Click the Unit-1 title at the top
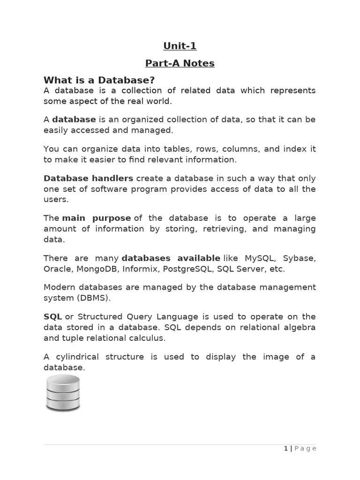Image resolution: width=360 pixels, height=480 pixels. click(180, 46)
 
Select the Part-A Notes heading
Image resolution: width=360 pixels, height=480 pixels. click(180, 63)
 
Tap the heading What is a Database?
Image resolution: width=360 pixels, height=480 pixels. click(99, 80)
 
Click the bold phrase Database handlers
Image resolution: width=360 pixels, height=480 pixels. click(88, 178)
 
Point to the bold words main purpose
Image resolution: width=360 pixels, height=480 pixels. click(97, 218)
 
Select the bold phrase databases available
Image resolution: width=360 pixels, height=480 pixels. click(171, 258)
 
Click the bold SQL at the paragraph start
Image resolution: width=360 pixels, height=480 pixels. click(52, 316)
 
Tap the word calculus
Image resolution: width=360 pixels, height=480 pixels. click(150, 338)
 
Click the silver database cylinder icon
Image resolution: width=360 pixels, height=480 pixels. click(63, 393)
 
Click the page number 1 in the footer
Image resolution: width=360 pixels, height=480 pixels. click(286, 449)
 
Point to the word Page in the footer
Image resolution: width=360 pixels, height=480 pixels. click(306, 449)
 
